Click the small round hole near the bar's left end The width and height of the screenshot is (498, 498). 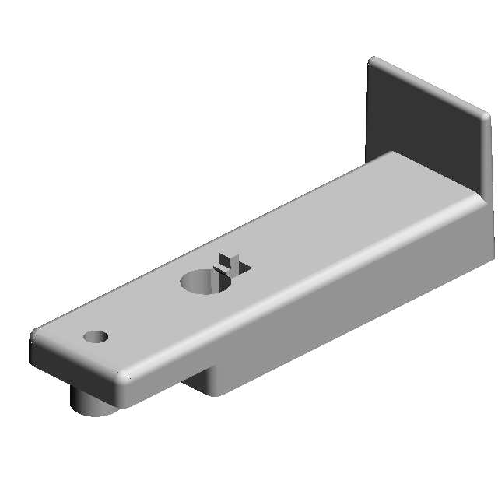tap(96, 337)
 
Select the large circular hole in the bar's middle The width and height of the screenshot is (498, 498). tap(205, 281)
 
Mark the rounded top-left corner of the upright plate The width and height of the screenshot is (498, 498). tap(373, 62)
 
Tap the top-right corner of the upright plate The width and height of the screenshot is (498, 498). tap(486, 117)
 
